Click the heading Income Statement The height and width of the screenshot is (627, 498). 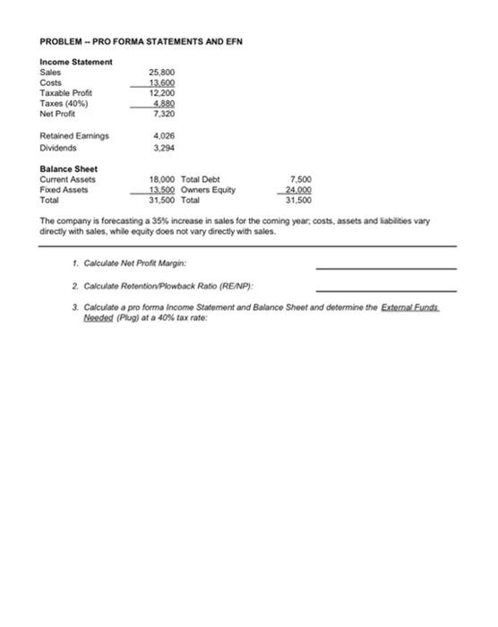coord(76,61)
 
